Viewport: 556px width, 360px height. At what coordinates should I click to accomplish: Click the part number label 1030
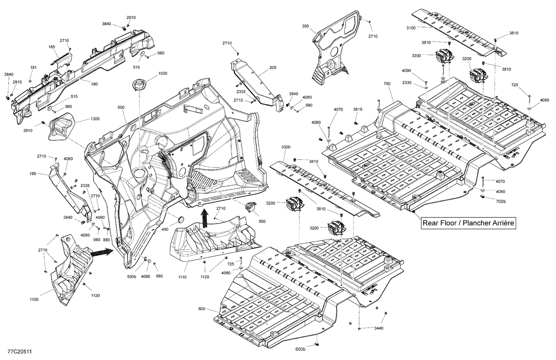pyautogui.click(x=163, y=74)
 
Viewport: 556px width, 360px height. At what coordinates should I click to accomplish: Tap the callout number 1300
pyautogui.click(x=95, y=119)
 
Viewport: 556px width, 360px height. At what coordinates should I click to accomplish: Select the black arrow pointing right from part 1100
pyautogui.click(x=101, y=253)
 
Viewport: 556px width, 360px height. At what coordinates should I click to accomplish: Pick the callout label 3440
pyautogui.click(x=378, y=328)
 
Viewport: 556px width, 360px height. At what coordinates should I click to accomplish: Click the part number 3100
pyautogui.click(x=411, y=28)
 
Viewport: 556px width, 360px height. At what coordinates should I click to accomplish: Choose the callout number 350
pyautogui.click(x=305, y=26)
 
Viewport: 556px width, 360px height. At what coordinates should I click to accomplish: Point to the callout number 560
pyautogui.click(x=262, y=221)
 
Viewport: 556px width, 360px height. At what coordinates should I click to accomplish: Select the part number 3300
pyautogui.click(x=286, y=147)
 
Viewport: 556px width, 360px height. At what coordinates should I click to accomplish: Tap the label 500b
pyautogui.click(x=132, y=277)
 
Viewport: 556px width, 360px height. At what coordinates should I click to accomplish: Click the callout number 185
pyautogui.click(x=52, y=47)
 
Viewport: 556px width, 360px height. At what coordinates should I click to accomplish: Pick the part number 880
pyautogui.click(x=107, y=240)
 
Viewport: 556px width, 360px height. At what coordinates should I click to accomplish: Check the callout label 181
pyautogui.click(x=33, y=67)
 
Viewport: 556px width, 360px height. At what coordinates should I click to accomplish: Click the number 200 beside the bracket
pyautogui.click(x=273, y=68)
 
